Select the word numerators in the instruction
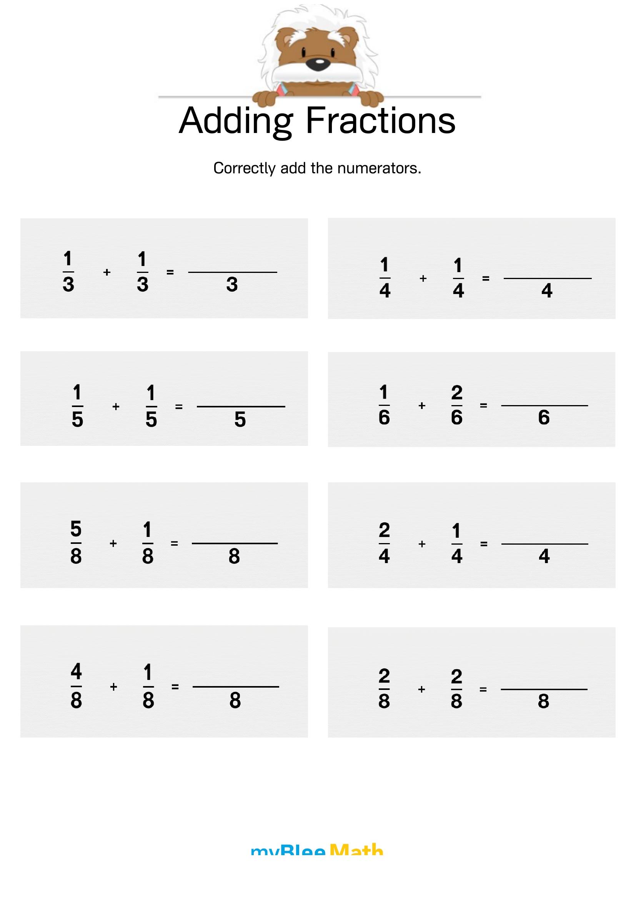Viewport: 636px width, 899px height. point(379,168)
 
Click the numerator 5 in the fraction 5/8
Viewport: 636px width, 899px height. point(76,529)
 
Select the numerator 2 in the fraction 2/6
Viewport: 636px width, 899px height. point(457,393)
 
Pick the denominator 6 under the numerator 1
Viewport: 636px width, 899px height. point(384,417)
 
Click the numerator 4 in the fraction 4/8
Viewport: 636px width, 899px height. point(76,671)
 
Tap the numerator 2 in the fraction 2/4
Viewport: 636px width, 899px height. point(384,530)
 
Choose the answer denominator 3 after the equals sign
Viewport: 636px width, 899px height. point(232,284)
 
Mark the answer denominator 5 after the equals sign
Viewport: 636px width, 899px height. point(240,420)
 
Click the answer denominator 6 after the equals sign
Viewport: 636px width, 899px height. point(544,417)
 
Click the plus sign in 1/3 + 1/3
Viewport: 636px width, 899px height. point(107,272)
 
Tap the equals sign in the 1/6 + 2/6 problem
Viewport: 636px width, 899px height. point(484,405)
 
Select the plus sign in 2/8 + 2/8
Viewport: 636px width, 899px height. point(422,689)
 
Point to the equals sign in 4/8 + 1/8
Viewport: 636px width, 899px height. point(175,686)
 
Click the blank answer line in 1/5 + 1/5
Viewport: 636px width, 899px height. point(241,406)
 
